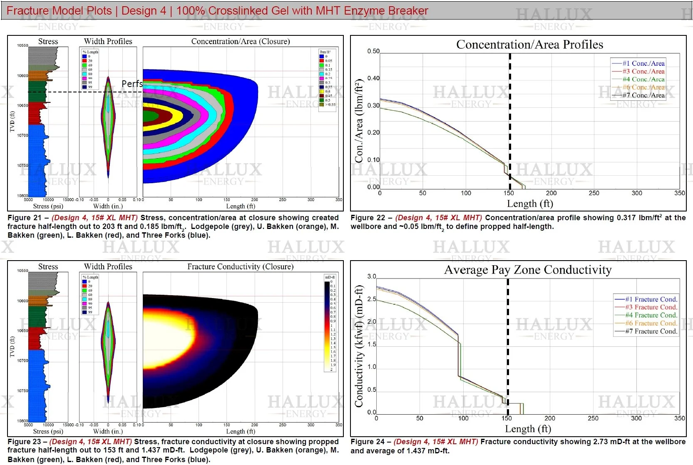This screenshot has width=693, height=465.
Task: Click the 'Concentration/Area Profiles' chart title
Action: pos(529,45)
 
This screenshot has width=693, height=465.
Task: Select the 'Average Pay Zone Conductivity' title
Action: pos(528,270)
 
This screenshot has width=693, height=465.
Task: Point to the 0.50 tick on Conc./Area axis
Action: pos(373,51)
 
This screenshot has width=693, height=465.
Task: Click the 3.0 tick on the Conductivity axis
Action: pos(372,276)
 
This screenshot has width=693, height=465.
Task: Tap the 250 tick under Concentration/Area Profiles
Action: pos(594,193)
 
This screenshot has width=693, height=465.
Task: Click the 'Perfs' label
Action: pos(132,84)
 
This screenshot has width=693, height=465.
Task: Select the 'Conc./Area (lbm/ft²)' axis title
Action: pos(359,121)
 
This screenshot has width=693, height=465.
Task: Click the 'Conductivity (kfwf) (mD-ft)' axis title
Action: pos(359,346)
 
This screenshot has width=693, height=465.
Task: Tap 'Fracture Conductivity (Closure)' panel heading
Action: pos(240,266)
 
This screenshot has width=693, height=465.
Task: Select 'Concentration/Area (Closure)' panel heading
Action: pos(240,41)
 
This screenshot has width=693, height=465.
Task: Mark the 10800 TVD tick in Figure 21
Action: pos(22,195)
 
